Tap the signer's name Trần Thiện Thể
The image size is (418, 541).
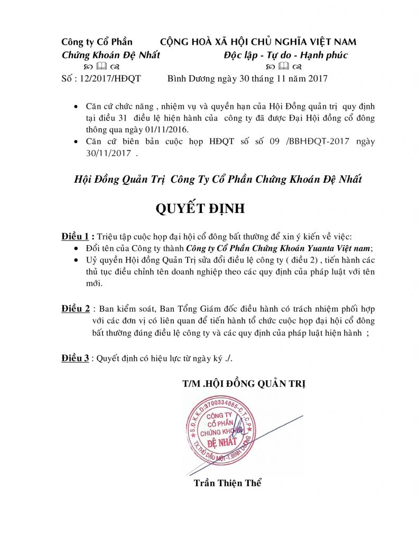228,483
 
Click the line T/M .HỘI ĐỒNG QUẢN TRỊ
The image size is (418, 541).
243,384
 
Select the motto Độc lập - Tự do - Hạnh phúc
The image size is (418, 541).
285,55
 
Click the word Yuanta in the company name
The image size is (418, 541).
314,248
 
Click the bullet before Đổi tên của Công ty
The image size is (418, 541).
78,248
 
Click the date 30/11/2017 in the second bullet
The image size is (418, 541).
108,154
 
